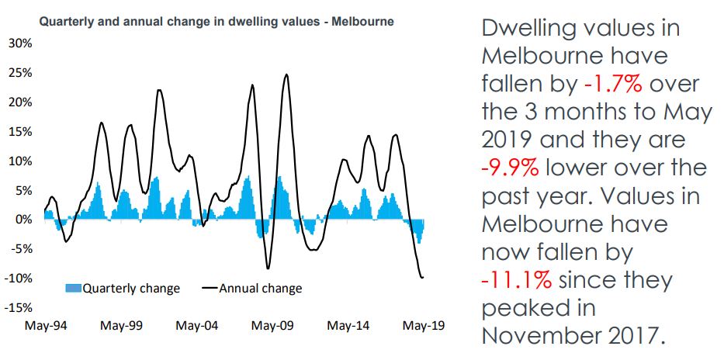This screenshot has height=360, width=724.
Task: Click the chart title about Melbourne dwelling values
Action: click(216, 22)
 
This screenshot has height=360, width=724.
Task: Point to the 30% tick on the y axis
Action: click(21, 43)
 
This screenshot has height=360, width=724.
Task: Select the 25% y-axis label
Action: click(21, 73)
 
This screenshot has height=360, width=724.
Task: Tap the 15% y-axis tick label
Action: click(21, 132)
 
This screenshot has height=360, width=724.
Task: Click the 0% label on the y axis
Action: click(23, 220)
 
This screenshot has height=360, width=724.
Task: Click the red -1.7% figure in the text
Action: click(611, 84)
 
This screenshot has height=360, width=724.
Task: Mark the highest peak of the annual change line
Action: click(286, 74)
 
